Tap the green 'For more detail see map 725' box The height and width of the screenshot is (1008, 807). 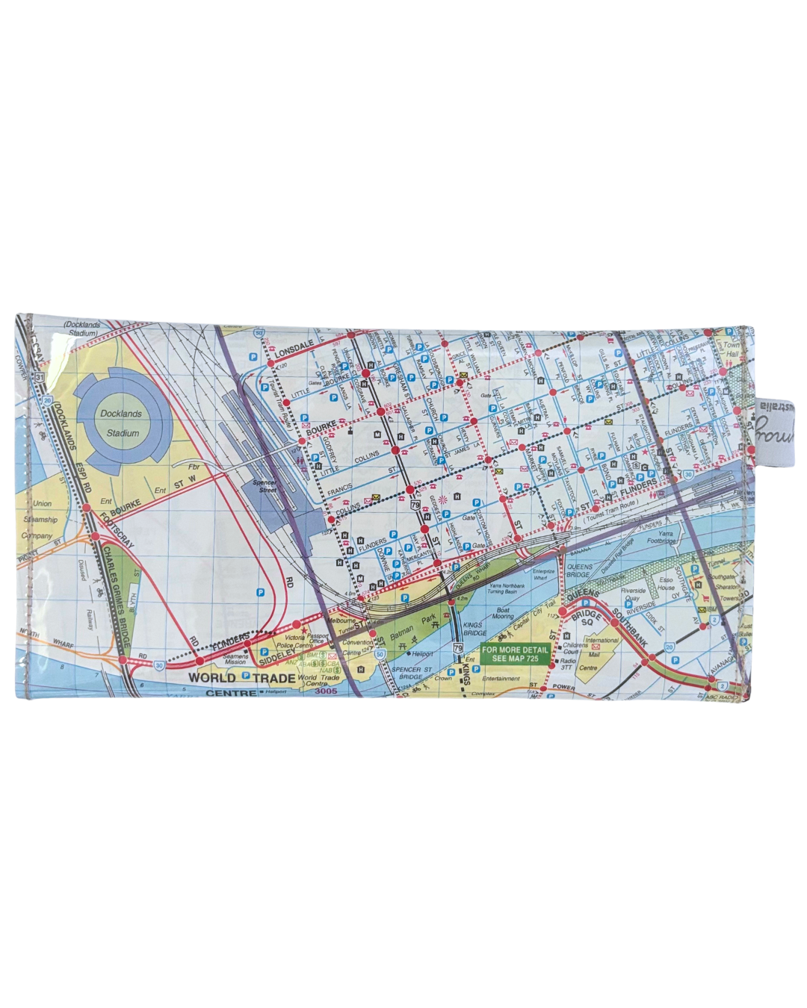coord(515,654)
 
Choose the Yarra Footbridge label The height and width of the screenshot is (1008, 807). coord(662,538)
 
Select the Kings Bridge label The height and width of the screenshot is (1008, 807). coord(474,629)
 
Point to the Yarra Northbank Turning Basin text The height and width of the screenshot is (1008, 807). coord(507,588)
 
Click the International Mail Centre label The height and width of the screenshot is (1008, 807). coord(598,654)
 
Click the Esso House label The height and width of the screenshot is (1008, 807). coord(666,583)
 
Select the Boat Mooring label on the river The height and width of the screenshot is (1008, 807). coord(503,613)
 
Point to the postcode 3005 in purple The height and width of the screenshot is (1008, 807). coord(327,691)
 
